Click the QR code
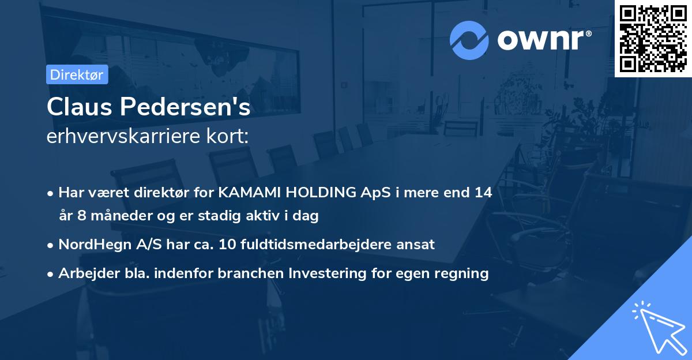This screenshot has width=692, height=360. [x=653, y=38]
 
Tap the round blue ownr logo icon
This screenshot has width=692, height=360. [x=469, y=40]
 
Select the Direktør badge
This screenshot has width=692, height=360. [x=77, y=74]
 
